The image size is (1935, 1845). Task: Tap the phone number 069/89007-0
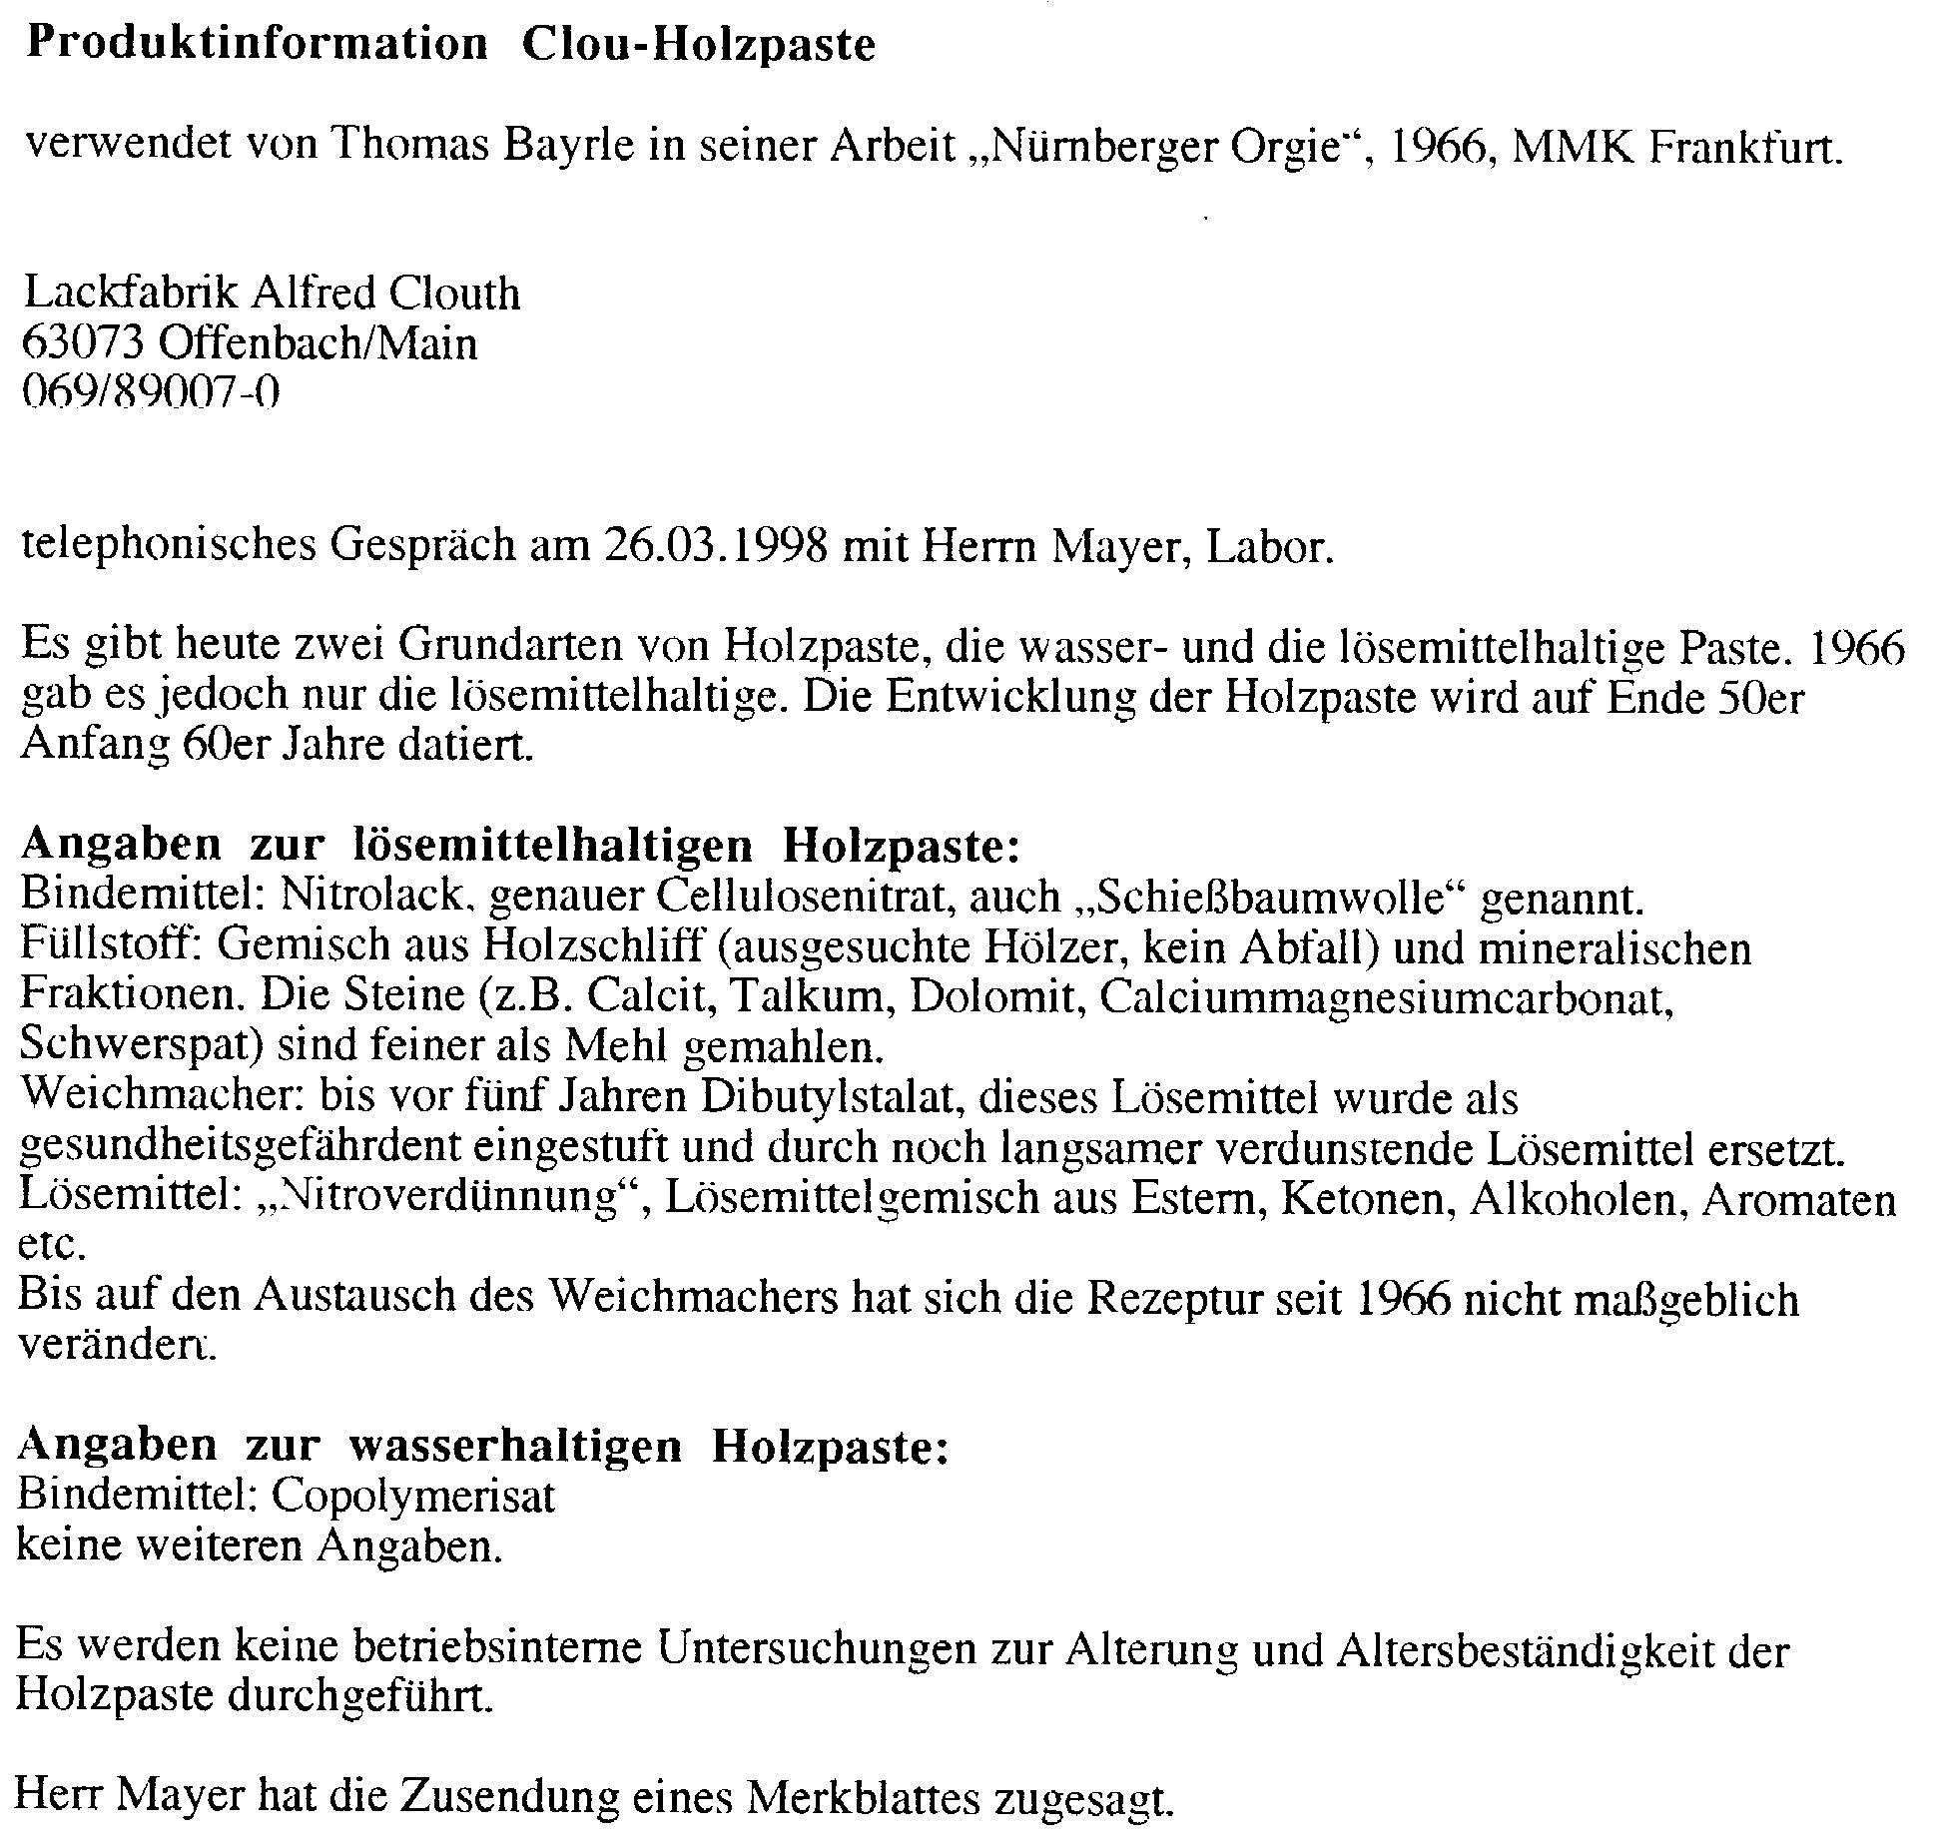150,393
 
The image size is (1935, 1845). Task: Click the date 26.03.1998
715,547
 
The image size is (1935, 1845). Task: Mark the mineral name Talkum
820,997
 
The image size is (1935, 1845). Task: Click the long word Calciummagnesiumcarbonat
1386,997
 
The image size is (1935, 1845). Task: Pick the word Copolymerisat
412,1496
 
